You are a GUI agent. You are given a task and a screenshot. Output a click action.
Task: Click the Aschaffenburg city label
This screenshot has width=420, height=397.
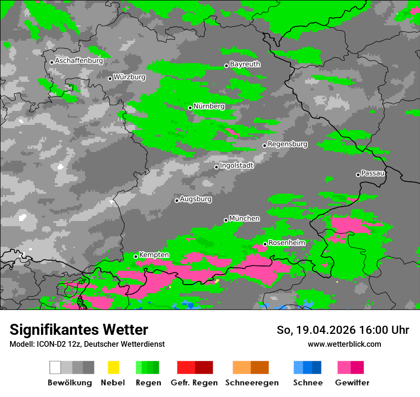79,61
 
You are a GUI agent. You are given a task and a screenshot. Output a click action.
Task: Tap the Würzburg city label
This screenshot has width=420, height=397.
129,77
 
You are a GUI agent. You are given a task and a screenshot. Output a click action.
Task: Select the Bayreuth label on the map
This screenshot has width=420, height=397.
245,64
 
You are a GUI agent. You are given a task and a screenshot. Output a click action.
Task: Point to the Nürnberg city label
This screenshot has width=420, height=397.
209,106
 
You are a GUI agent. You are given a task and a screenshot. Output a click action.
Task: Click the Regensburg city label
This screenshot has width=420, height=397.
287,144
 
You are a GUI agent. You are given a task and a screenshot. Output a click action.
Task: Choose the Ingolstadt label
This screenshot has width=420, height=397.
237,165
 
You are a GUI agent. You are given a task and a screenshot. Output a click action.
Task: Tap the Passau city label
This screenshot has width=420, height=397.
373,173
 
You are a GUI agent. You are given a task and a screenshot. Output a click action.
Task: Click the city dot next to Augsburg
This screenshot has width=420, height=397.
177,200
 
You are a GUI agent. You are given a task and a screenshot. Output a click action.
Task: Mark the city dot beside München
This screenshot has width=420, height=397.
226,220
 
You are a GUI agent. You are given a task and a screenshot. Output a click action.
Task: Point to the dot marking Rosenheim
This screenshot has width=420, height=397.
265,244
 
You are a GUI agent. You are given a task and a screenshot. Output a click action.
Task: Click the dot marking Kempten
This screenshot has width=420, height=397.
136,256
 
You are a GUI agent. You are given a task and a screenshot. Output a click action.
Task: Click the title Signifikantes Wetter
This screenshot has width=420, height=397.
79,330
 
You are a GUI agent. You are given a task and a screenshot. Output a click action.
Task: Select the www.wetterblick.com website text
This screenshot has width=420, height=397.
344,344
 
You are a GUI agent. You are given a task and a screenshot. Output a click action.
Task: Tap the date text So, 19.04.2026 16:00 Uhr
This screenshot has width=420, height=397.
343,330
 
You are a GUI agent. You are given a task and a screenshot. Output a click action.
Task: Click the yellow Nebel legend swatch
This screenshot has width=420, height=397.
113,367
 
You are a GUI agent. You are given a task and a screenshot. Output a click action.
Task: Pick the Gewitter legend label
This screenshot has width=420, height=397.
352,383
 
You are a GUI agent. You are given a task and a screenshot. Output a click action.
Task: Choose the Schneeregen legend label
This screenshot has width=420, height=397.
252,383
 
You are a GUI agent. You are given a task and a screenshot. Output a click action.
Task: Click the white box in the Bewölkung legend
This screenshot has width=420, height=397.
55,367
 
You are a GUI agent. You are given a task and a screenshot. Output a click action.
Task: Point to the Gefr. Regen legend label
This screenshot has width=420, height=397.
194,383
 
